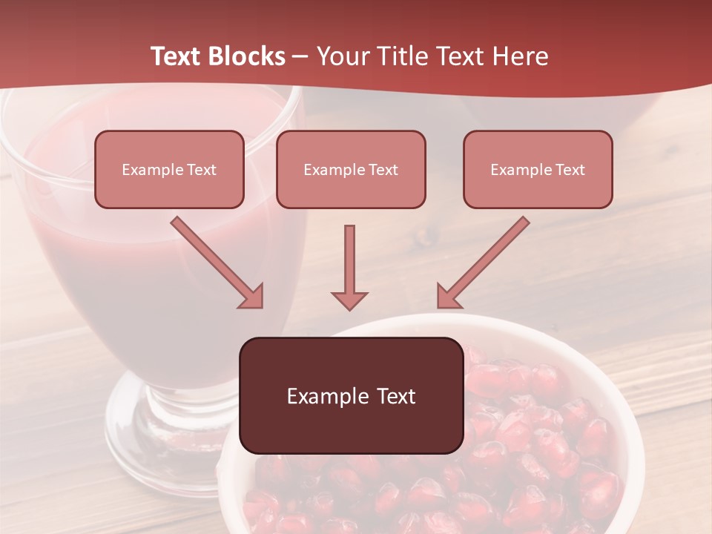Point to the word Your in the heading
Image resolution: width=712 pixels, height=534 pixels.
pos(343,56)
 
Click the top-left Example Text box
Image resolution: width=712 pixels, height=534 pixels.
pos(169,169)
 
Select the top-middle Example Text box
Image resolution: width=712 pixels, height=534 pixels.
pos(351,169)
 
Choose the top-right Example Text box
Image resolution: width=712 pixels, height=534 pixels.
pos(538,169)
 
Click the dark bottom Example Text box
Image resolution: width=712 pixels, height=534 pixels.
pos(351,395)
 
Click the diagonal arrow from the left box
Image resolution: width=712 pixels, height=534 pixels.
pos(215,261)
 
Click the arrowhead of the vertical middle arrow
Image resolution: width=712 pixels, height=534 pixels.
pos(349,300)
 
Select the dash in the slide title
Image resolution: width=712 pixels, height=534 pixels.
pos(300,57)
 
